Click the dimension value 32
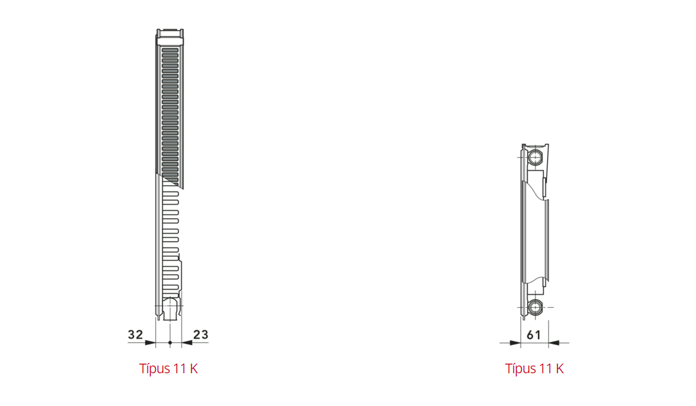click(x=135, y=335)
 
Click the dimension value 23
click(x=200, y=335)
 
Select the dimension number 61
click(x=534, y=335)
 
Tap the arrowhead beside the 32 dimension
click(x=150, y=342)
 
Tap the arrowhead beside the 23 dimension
click(x=187, y=342)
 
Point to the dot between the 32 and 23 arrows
click(x=170, y=342)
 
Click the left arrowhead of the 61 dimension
click(x=515, y=342)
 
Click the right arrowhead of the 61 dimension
click(x=554, y=342)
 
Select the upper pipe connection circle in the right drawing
click(x=535, y=157)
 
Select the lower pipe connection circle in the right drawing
click(x=535, y=307)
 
